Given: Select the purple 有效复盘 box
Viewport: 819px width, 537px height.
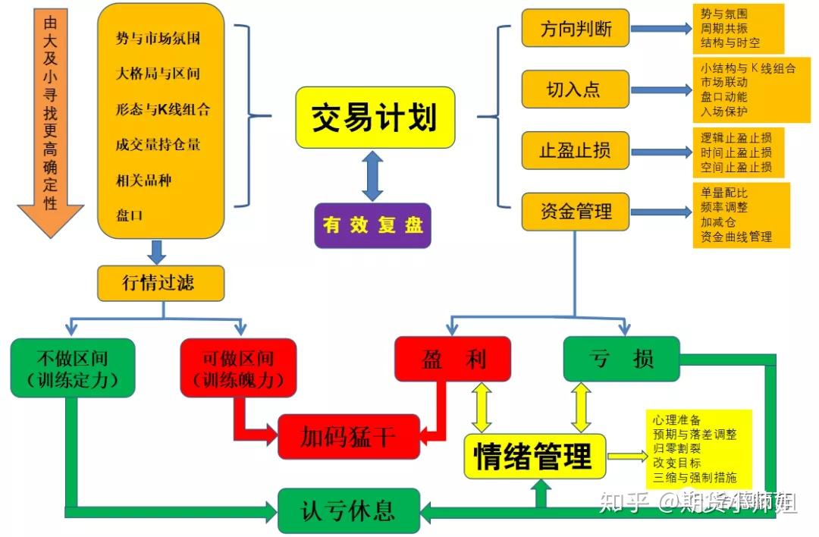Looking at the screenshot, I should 372,225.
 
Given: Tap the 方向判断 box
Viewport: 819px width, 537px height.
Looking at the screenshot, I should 576,29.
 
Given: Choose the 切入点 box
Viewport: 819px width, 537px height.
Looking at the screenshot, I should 576,89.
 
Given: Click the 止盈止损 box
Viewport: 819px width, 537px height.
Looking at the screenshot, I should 576,150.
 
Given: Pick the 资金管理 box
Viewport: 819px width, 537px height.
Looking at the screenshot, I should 576,212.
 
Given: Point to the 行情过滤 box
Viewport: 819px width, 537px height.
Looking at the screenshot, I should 161,283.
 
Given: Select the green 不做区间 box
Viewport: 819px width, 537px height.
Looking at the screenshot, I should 73,368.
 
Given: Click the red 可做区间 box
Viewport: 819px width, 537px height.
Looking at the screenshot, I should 238,368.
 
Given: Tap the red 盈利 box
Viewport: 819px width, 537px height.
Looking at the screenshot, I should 453,359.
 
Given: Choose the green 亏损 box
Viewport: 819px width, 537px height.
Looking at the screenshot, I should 621,359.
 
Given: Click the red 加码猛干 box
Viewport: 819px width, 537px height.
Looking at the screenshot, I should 348,437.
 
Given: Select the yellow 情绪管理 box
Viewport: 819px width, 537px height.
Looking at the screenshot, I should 535,457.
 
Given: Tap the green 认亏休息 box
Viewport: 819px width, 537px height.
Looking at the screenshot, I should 348,510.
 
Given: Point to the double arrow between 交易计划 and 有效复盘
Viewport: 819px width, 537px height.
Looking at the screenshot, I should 372,176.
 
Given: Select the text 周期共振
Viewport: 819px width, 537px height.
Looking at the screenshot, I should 724,29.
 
